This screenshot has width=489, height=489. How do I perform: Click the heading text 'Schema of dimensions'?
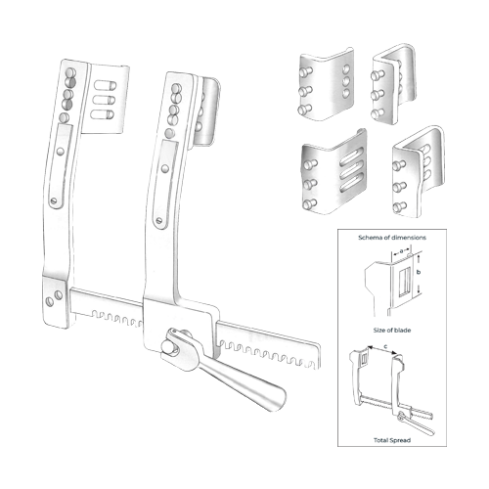392,238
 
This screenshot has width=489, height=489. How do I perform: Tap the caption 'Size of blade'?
392,331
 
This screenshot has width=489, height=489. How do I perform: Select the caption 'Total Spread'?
392,440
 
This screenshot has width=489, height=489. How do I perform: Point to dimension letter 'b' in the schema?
419,272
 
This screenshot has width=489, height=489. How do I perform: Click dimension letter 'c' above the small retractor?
385,346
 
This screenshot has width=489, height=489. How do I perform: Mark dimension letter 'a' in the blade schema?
401,250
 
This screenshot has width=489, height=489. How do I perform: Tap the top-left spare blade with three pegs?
327,84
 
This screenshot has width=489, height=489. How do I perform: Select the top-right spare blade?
394,84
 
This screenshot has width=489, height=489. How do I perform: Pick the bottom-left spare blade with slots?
333,172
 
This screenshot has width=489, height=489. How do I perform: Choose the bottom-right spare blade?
419,172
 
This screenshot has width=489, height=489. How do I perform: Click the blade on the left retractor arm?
105,99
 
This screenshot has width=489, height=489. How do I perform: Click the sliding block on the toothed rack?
181,326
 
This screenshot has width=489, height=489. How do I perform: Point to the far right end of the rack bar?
320,355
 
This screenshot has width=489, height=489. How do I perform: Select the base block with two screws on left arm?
56,300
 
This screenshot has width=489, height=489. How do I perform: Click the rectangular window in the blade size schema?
405,282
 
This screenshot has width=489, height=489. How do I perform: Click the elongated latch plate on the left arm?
62,166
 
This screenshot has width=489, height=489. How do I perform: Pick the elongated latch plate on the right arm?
165,185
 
